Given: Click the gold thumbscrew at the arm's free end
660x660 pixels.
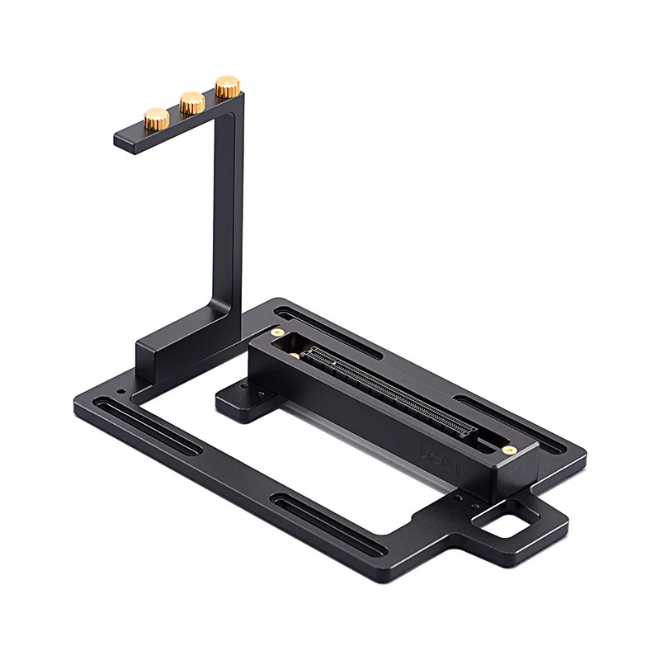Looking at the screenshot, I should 157,118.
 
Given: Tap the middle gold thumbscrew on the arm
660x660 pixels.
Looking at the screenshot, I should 192,102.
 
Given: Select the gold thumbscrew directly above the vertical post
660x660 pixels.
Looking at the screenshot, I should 228,86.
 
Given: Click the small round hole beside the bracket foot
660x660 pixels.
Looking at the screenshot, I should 122,390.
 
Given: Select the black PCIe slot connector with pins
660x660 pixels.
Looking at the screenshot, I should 388,391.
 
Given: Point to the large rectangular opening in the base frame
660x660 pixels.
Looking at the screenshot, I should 297,445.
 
